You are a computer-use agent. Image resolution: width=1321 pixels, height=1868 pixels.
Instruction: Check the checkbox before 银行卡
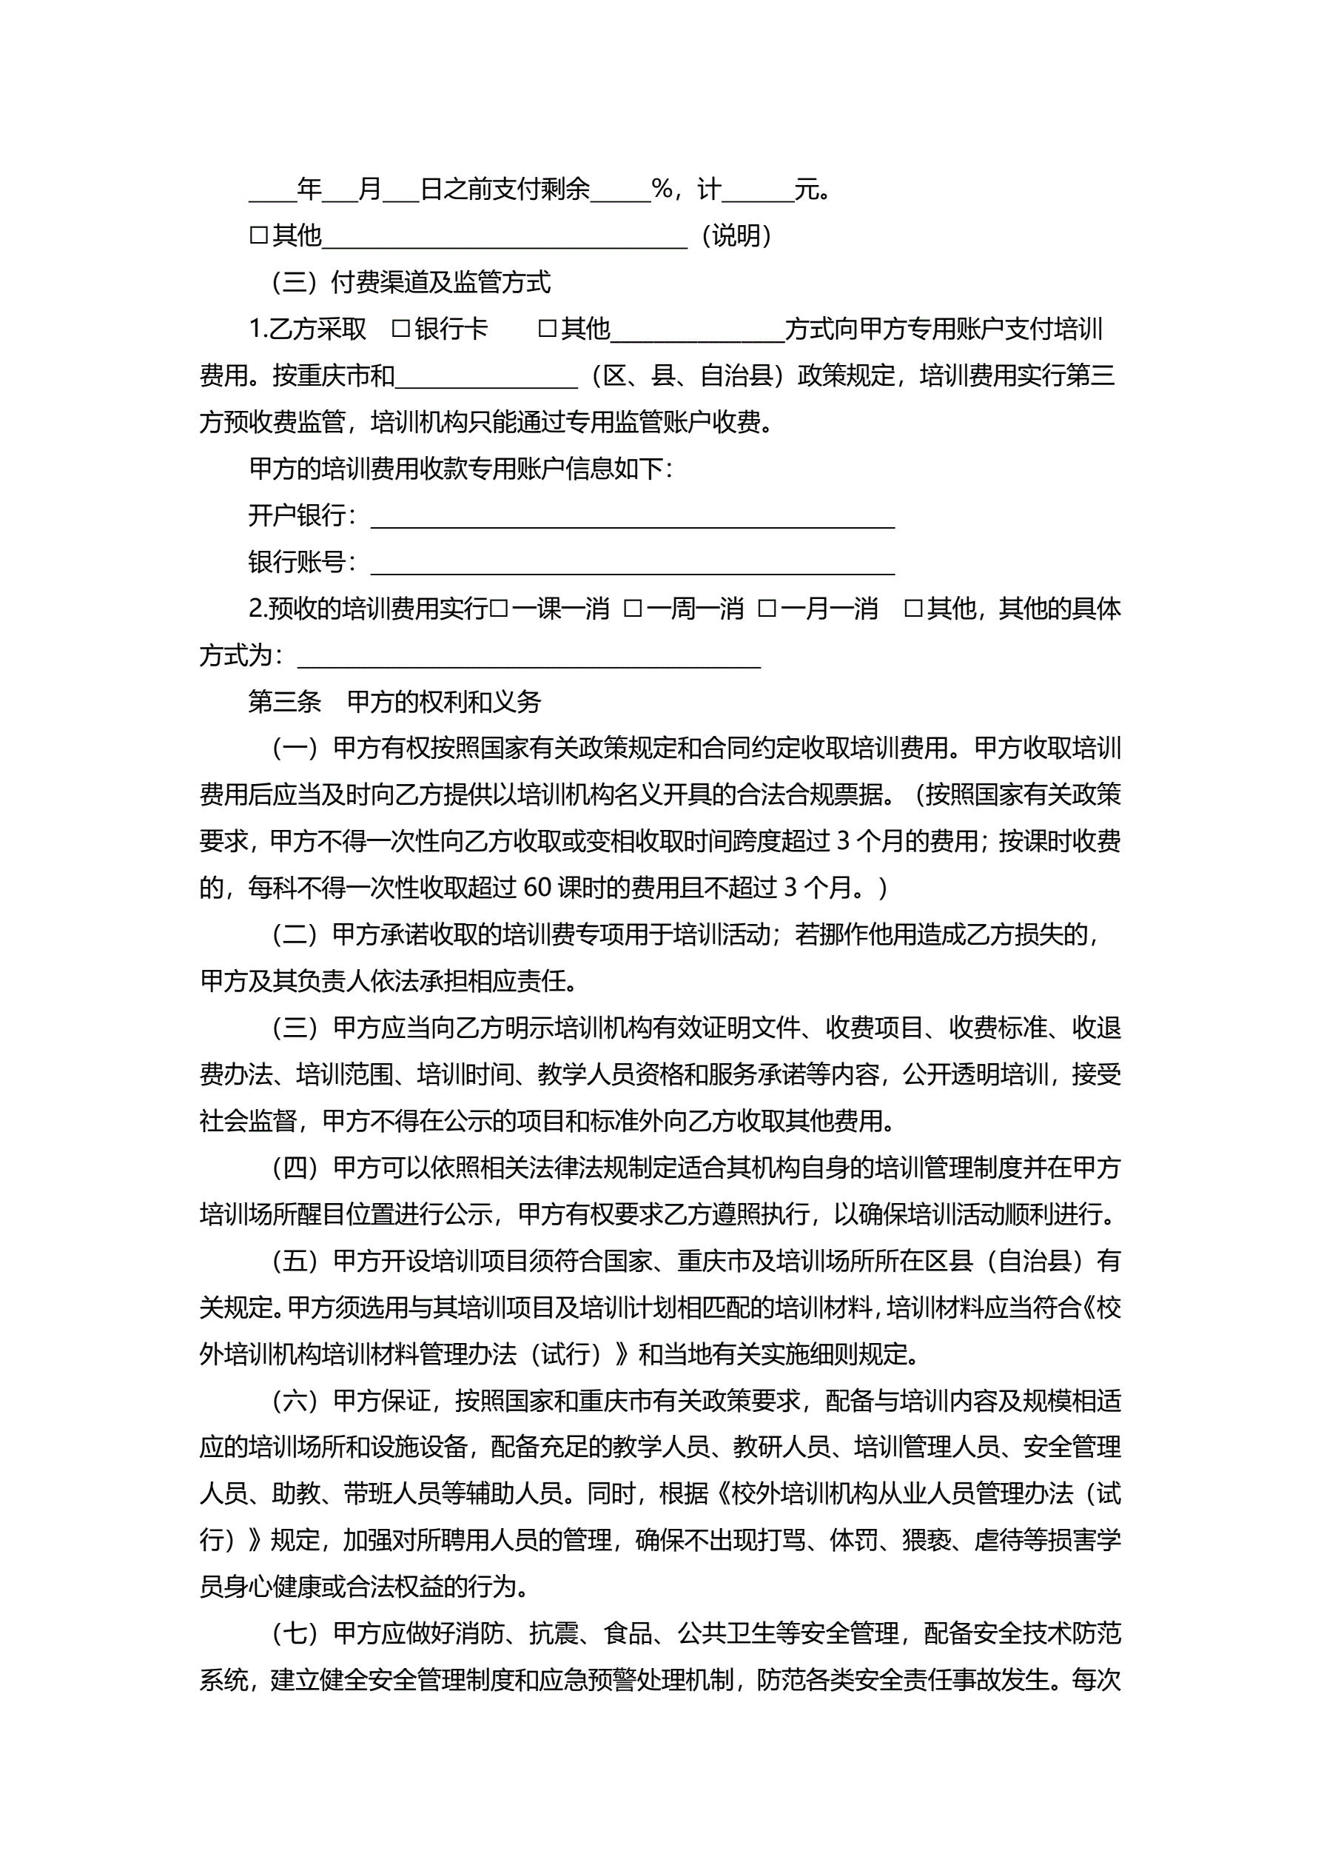point(400,329)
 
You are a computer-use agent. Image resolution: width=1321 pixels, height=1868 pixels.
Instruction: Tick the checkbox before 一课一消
point(500,609)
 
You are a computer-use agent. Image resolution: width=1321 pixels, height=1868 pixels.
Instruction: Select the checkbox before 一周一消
point(633,609)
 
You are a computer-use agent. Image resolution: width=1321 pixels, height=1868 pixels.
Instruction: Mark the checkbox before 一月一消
point(767,609)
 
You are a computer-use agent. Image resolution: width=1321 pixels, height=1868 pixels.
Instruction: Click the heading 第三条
point(285,702)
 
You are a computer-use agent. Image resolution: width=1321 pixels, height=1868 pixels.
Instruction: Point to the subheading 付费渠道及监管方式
point(440,282)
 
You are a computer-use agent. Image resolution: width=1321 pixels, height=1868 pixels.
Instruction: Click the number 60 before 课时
point(538,888)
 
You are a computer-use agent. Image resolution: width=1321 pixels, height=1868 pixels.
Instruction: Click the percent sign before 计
point(662,190)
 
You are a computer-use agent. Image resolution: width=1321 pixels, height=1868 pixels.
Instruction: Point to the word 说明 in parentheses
point(736,236)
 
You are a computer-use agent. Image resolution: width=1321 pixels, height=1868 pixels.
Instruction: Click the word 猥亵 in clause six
point(926,1540)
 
